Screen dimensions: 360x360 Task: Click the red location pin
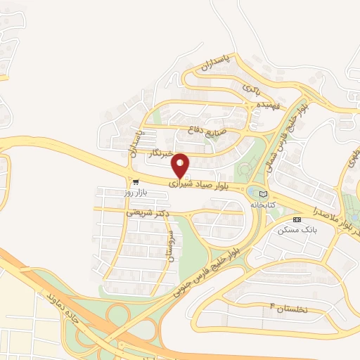click(181, 165)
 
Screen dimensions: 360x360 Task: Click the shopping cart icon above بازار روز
click(135, 181)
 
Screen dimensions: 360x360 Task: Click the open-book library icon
click(264, 194)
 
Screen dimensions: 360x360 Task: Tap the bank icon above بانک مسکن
click(296, 220)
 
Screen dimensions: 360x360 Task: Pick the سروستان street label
click(170, 245)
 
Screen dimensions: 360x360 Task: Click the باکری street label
click(252, 90)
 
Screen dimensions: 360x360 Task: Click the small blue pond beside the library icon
click(252, 191)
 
